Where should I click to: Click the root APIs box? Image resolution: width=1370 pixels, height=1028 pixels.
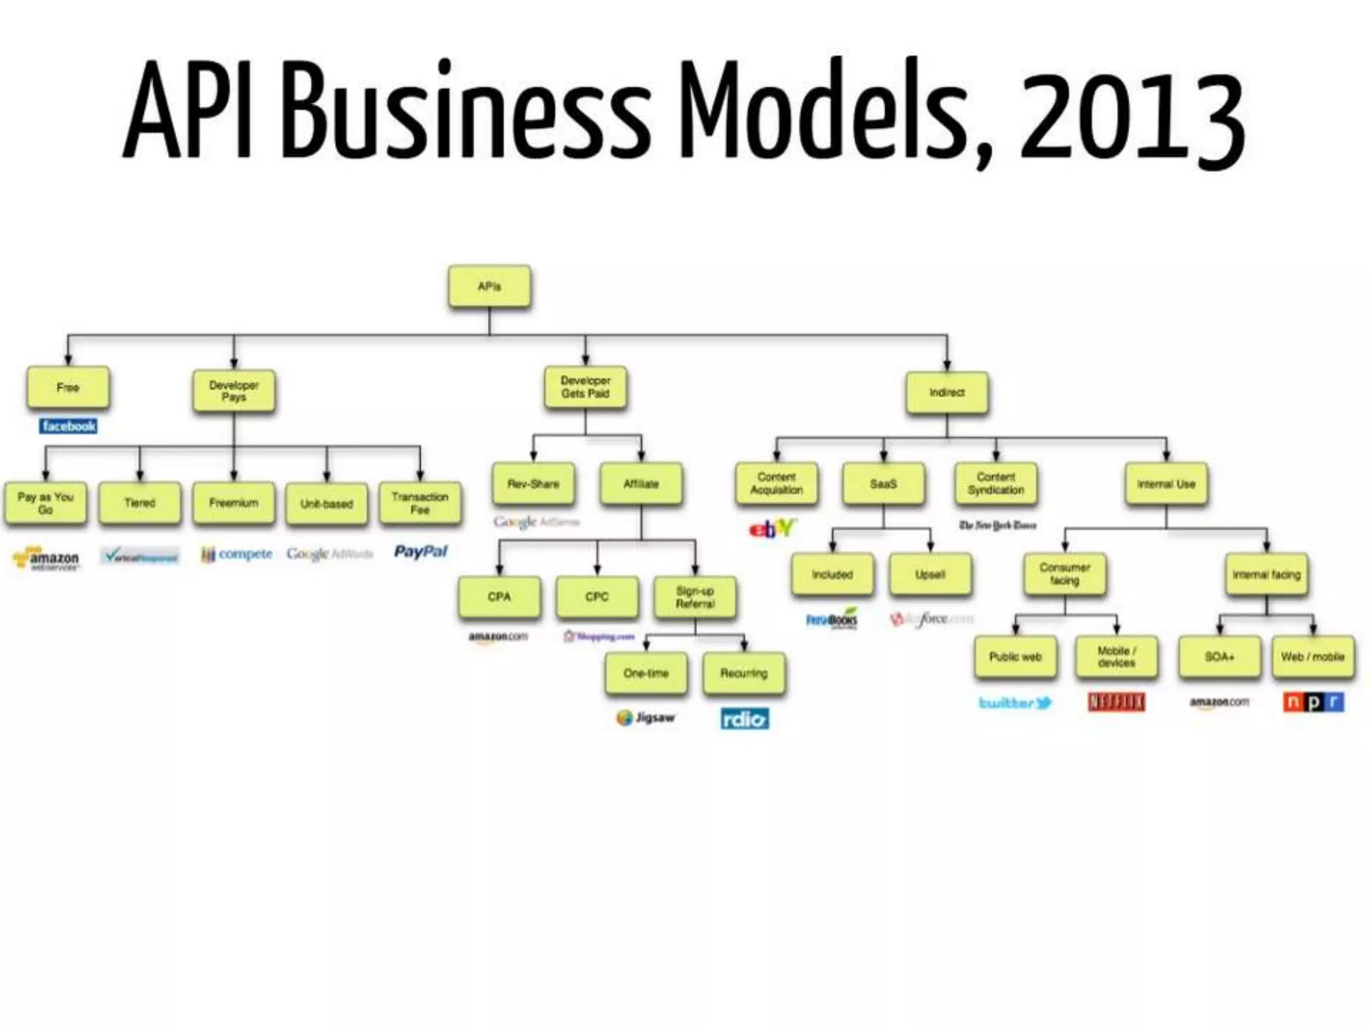point(490,286)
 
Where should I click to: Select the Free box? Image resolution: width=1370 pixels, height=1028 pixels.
point(68,388)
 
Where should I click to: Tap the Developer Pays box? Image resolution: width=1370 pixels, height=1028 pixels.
point(233,392)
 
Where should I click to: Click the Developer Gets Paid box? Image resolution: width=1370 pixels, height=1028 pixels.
point(585,388)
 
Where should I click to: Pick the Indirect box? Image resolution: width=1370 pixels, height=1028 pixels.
point(947,393)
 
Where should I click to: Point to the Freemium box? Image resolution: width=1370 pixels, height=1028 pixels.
point(233,503)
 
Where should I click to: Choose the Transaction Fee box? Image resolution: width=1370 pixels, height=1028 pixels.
point(419,503)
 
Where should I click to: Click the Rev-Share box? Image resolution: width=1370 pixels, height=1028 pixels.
point(533,484)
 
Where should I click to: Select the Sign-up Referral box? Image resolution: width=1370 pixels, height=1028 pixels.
point(695,597)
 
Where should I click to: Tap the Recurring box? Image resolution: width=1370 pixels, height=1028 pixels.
point(744,673)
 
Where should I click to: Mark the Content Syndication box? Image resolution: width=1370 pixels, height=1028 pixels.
point(995,484)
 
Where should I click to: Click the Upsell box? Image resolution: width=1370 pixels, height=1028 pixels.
point(930,574)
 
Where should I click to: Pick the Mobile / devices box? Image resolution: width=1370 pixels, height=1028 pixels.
point(1116,657)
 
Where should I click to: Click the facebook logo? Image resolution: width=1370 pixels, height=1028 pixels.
point(68,426)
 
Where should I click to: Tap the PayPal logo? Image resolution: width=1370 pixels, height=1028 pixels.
point(420,552)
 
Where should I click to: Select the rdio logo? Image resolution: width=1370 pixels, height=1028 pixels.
point(745,719)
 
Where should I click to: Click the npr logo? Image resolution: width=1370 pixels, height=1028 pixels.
point(1312,702)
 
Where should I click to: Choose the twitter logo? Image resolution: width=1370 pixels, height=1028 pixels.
point(1015,703)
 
